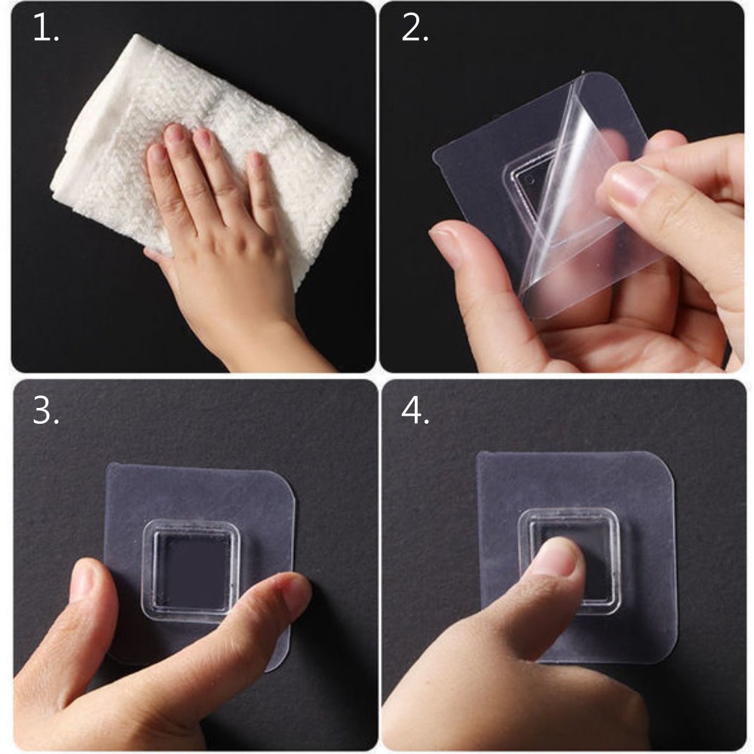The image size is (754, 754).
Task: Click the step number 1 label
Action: [46, 29]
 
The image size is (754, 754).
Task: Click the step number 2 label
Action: [415, 29]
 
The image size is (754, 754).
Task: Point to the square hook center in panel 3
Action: [192, 572]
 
